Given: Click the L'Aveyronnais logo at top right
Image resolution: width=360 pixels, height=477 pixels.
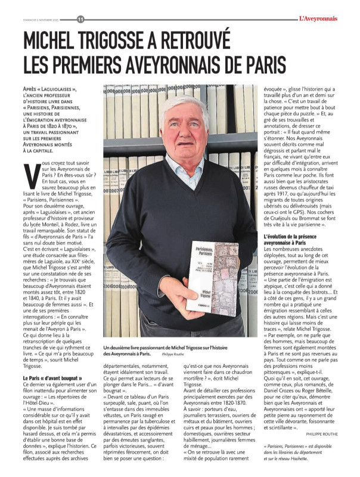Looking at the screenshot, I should (x=326, y=18).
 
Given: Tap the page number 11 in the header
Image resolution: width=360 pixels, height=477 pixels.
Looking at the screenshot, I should (x=80, y=18).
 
